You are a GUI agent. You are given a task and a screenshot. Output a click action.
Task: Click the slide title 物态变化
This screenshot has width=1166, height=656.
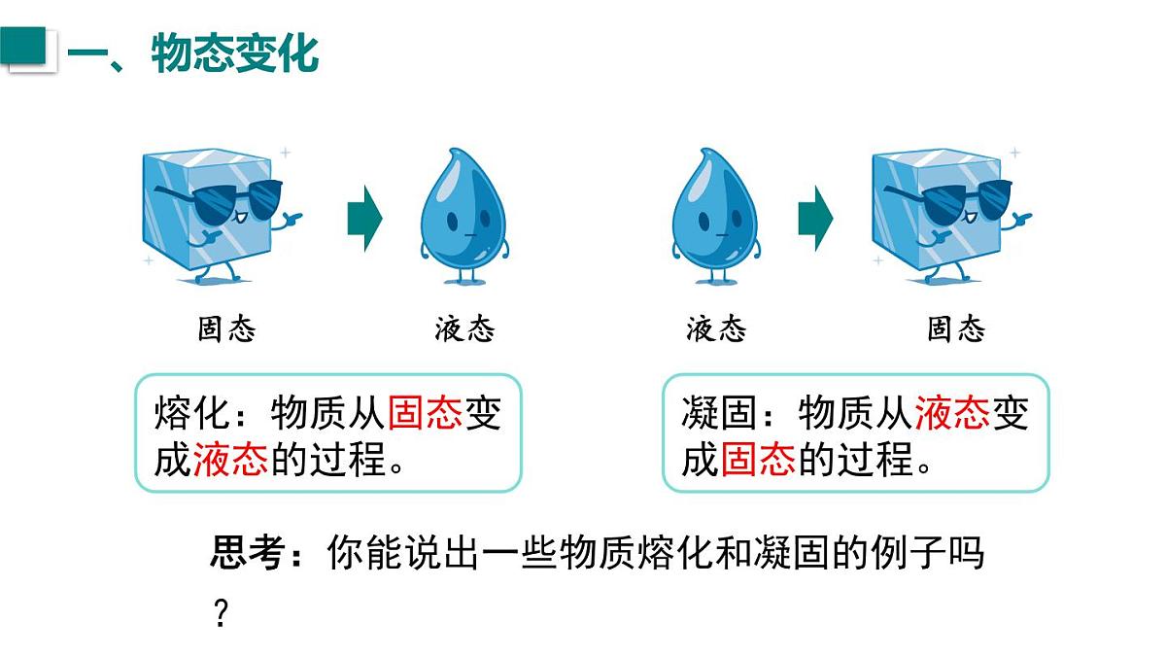(x=235, y=53)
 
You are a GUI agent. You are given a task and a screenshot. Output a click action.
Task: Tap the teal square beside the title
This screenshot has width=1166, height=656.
(x=23, y=46)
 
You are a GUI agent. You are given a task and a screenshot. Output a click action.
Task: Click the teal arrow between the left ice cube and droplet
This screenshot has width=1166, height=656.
(x=364, y=219)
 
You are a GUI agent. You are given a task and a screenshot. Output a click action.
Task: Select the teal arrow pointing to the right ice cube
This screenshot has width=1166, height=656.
(x=815, y=219)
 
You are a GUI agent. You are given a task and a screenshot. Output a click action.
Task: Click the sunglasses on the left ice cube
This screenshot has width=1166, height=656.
(x=223, y=200)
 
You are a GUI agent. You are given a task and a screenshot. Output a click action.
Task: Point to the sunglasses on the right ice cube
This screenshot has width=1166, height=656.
(x=952, y=200)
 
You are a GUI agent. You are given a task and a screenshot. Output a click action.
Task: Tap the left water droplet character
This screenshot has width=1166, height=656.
(x=463, y=216)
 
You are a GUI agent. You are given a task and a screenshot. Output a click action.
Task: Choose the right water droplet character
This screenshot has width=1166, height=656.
(x=715, y=216)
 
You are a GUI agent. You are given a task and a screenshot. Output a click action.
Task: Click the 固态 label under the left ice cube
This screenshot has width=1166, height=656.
(x=227, y=329)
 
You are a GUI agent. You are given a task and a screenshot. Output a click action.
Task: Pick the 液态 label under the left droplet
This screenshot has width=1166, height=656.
(x=464, y=329)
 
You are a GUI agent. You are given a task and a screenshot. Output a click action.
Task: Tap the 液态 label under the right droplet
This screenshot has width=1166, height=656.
(x=716, y=329)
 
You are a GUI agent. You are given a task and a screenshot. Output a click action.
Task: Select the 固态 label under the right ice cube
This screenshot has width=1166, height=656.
(x=956, y=329)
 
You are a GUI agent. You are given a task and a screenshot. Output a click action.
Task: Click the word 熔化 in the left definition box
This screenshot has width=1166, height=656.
(x=191, y=413)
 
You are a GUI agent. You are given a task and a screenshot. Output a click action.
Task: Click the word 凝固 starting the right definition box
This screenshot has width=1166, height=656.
(x=719, y=413)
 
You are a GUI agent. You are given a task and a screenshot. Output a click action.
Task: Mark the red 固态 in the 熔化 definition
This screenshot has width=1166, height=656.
(x=426, y=413)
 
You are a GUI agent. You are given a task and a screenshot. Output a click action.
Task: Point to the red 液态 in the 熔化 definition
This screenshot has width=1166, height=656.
(x=230, y=459)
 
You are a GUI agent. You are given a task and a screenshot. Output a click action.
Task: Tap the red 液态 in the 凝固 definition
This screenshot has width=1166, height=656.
(x=952, y=413)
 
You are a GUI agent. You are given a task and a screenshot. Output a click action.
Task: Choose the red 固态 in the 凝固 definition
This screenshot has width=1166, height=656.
(x=758, y=459)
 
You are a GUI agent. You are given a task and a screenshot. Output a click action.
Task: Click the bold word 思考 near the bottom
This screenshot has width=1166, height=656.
(x=248, y=553)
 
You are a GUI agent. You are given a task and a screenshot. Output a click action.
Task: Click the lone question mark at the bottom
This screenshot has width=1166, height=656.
(x=222, y=613)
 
